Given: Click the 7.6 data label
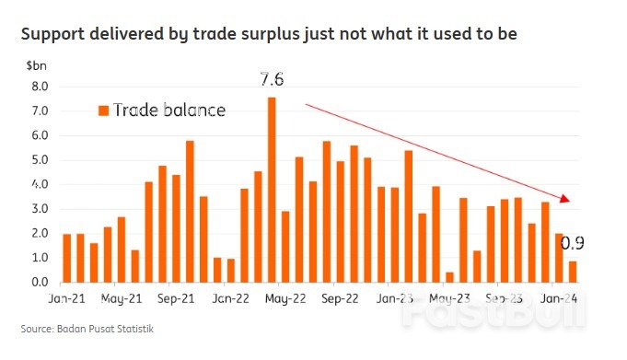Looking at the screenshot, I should (x=271, y=79).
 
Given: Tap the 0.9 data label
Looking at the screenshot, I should (x=573, y=244).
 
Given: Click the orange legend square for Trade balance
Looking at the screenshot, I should (x=103, y=110).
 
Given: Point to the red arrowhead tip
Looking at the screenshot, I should (x=572, y=201).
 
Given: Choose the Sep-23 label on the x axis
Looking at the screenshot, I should (x=505, y=298).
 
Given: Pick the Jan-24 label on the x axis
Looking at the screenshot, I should (x=560, y=298).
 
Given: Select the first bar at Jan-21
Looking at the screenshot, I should (x=67, y=258).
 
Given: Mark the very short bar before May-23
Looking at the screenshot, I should (x=449, y=276).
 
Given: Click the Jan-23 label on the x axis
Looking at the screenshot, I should (x=395, y=298).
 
